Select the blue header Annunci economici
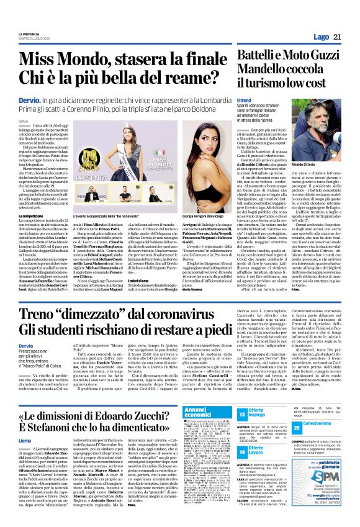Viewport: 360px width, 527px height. tap(208, 413)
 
